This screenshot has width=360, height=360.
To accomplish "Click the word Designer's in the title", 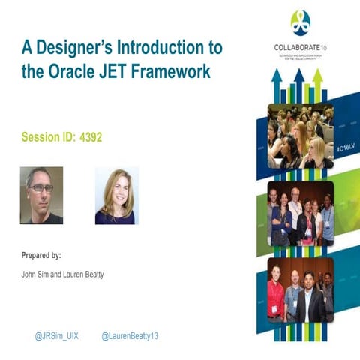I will pos(67,48).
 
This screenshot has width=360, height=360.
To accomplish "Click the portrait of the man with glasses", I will pos(41,195).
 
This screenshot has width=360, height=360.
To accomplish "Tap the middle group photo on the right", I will pos(300,213).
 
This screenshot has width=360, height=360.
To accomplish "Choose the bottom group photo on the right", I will pos(300,289).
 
